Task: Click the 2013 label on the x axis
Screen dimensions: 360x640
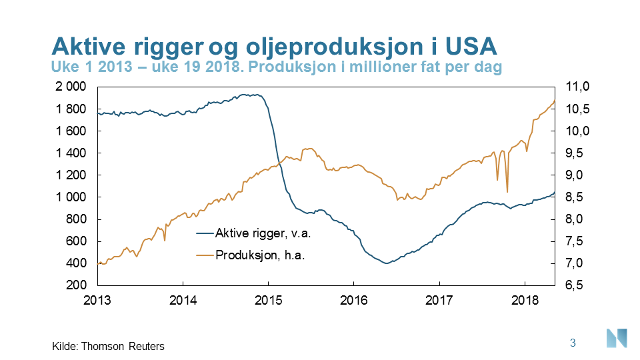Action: point(98,300)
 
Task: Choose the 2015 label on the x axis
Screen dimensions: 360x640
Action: point(269,300)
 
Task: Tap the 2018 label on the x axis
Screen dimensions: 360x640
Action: point(525,300)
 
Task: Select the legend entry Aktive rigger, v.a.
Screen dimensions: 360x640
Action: point(263,233)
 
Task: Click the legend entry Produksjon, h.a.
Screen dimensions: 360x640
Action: point(259,255)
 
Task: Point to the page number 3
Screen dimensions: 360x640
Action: point(573,343)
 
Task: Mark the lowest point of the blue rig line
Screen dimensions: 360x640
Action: point(385,263)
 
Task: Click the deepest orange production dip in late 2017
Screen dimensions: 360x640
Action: point(507,191)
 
